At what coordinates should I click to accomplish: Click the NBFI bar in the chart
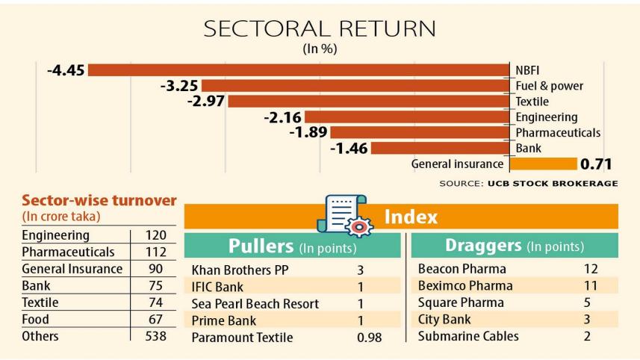click(x=299, y=70)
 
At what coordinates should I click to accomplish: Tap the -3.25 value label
click(x=178, y=86)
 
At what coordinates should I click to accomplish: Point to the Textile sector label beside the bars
click(x=532, y=102)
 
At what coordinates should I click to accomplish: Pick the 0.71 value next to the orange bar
click(x=596, y=164)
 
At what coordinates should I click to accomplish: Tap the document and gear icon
click(x=341, y=216)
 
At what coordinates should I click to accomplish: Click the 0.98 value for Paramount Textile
click(x=368, y=338)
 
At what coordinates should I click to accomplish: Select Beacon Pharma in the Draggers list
click(x=462, y=269)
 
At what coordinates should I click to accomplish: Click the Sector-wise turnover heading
click(x=99, y=201)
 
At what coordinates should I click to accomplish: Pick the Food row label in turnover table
click(x=35, y=320)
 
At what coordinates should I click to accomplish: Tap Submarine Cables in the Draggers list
click(x=467, y=337)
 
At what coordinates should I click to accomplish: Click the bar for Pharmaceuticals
click(x=418, y=132)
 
